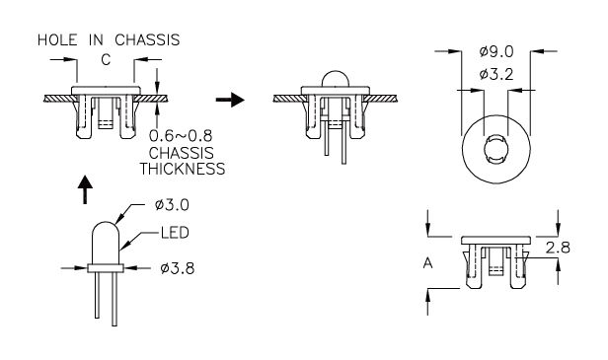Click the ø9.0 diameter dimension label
(x=496, y=51)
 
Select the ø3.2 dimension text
(x=496, y=74)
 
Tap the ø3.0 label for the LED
(x=172, y=205)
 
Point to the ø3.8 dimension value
(x=178, y=268)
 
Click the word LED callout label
(x=175, y=233)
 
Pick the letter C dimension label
(x=106, y=60)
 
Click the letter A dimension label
(x=427, y=263)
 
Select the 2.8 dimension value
(x=558, y=248)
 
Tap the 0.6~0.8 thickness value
(x=181, y=136)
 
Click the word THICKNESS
(x=183, y=169)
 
